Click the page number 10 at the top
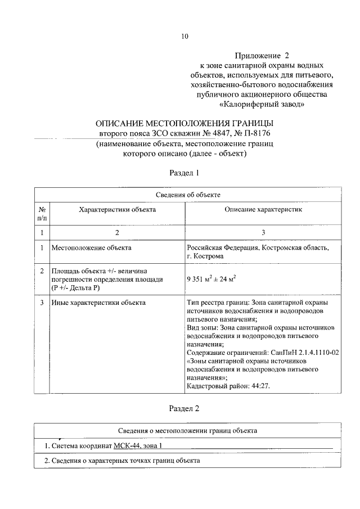(184, 37)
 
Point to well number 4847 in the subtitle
(209, 134)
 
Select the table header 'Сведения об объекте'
(187, 194)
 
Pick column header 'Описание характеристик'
(263, 209)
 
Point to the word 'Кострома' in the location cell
(208, 256)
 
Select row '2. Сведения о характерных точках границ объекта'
(122, 461)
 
